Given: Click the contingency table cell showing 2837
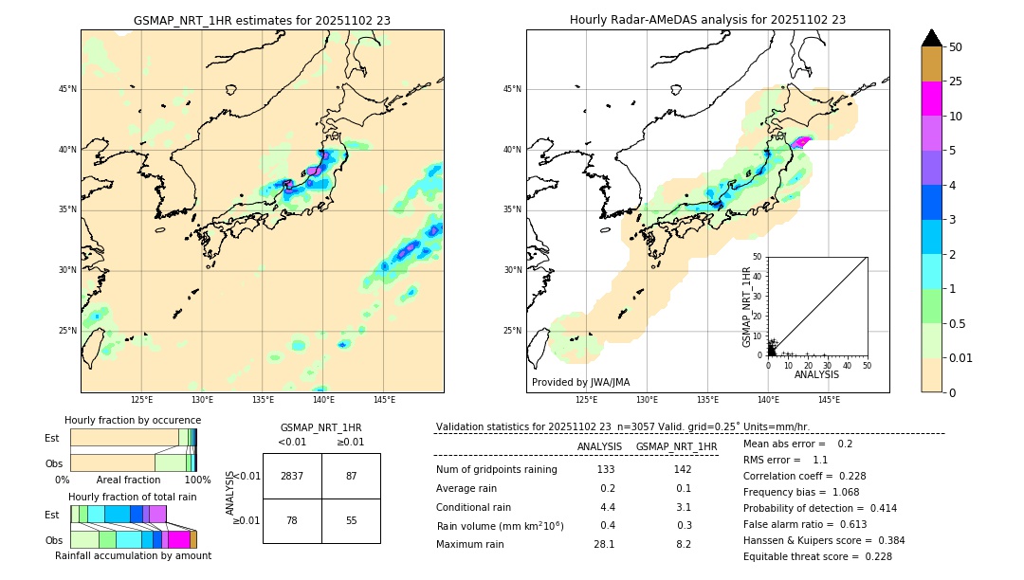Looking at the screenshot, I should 292,476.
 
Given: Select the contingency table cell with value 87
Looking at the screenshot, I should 351,476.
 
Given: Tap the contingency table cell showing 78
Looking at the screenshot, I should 292,521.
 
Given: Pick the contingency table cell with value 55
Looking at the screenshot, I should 351,521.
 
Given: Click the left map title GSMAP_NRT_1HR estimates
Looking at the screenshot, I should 262,20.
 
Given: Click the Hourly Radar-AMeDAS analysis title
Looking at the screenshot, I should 707,20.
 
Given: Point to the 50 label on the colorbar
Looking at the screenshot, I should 956,47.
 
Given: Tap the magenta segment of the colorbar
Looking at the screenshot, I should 931,99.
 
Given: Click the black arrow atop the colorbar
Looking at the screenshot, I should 931,38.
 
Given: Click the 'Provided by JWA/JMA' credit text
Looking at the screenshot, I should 580,383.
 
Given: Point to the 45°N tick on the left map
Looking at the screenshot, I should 67,89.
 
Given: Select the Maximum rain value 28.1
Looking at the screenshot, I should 604,544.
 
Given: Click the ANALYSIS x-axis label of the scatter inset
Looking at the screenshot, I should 816,374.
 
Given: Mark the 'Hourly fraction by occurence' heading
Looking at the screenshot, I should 133,420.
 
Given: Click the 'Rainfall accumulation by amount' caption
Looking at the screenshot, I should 133,555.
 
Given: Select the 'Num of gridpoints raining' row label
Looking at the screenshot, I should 496,470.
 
